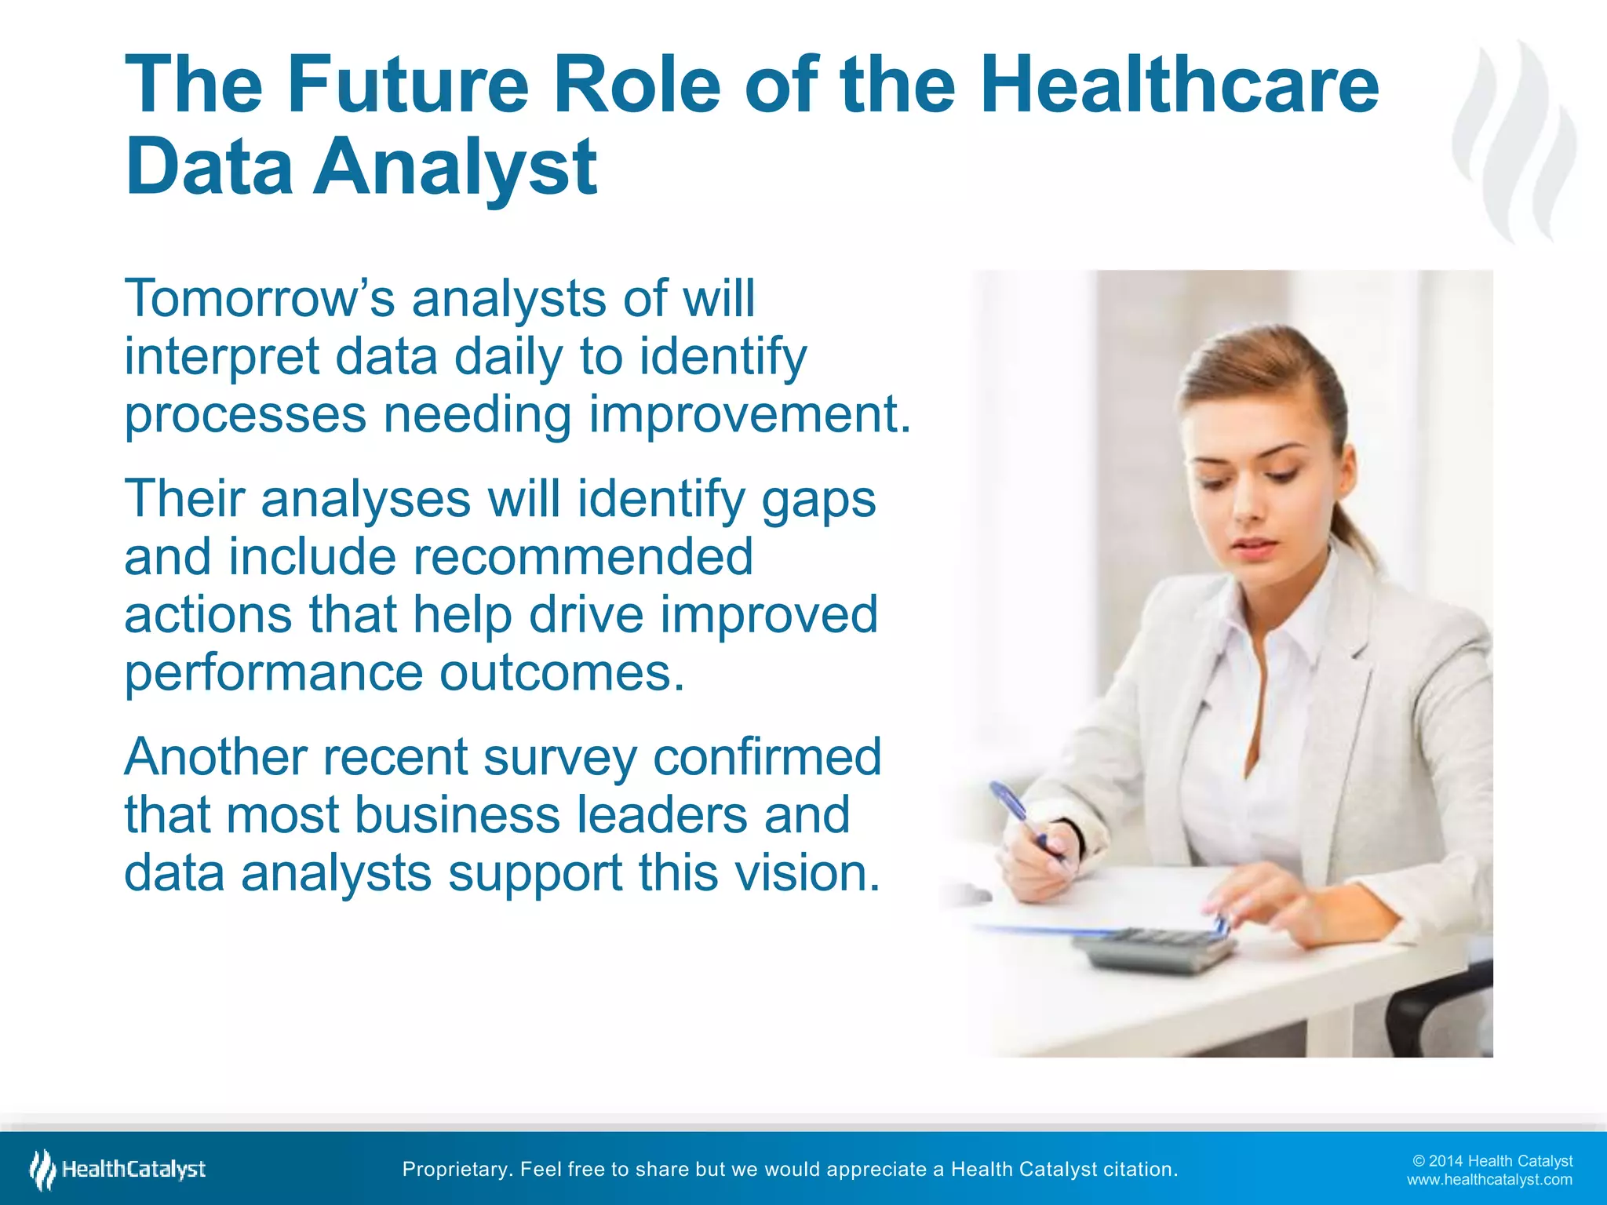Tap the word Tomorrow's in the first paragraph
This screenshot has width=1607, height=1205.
260,299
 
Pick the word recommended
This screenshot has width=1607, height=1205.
582,557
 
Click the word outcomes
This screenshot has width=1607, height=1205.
562,673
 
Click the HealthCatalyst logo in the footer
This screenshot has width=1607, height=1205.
118,1170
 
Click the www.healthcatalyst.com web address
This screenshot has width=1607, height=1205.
1489,1180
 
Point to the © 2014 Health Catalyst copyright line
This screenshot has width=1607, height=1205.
1492,1161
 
